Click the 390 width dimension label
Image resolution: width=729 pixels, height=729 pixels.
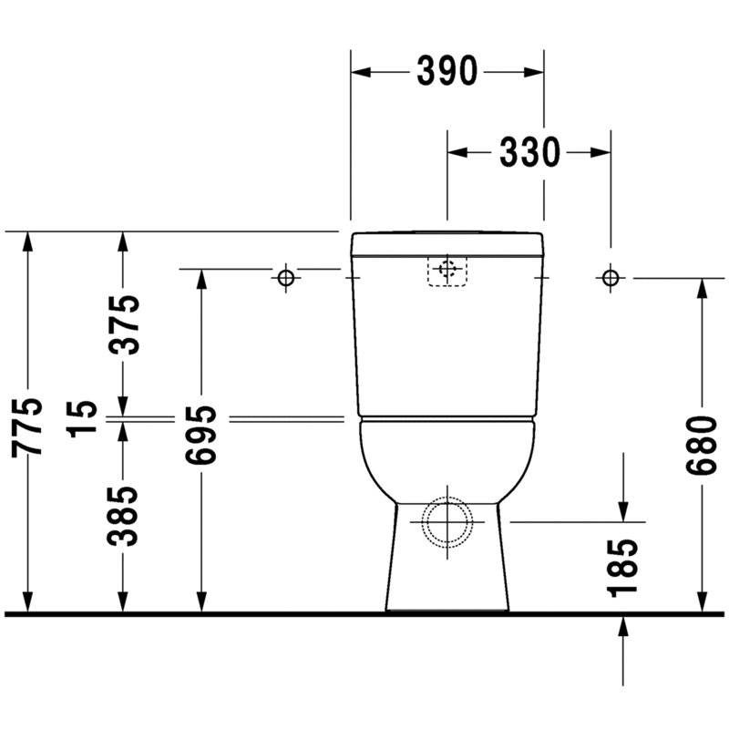pyautogui.click(x=447, y=72)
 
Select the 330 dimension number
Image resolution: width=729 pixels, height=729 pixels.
pyautogui.click(x=529, y=152)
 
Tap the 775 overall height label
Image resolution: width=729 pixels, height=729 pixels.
pyautogui.click(x=27, y=426)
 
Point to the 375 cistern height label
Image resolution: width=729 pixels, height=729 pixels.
pyautogui.click(x=123, y=324)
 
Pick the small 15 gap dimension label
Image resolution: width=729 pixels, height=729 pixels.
pyautogui.click(x=82, y=419)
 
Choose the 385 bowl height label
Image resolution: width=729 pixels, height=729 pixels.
pyautogui.click(x=123, y=516)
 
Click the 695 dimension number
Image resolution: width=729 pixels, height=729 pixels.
pyautogui.click(x=200, y=435)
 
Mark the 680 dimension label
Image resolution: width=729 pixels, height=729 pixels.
pyautogui.click(x=702, y=446)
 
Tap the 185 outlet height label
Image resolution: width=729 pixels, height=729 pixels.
pyautogui.click(x=622, y=568)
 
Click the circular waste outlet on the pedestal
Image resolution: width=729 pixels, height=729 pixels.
pyautogui.click(x=447, y=522)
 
